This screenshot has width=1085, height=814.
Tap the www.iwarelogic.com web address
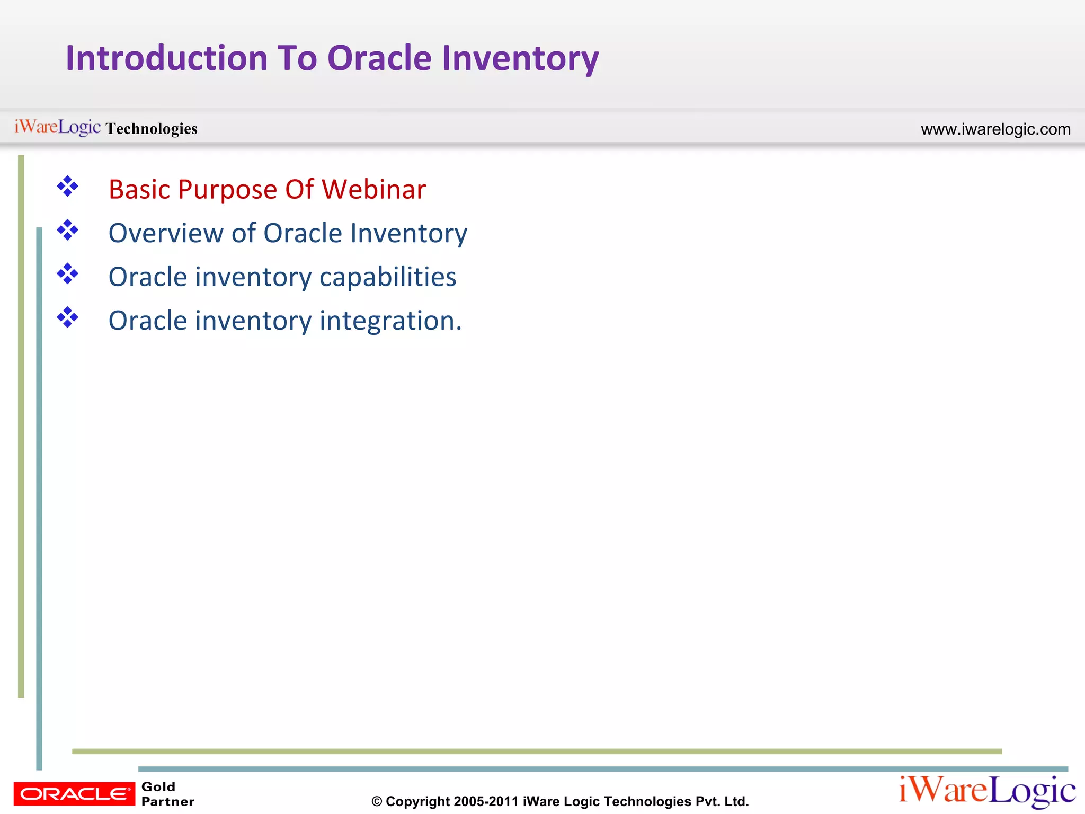pyautogui.click(x=995, y=129)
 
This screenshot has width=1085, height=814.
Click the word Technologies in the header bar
pyautogui.click(x=152, y=129)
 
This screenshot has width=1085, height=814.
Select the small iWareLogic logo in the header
pyautogui.click(x=57, y=127)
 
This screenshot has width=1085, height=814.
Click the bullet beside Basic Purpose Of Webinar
pyautogui.click(x=68, y=187)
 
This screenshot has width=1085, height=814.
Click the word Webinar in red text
pyautogui.click(x=373, y=189)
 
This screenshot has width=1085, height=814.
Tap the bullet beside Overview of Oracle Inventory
pyautogui.click(x=68, y=231)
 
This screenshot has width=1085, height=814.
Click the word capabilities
pyautogui.click(x=388, y=277)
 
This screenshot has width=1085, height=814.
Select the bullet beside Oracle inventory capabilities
pyautogui.click(x=68, y=274)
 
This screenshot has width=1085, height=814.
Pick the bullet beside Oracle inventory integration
pyautogui.click(x=68, y=318)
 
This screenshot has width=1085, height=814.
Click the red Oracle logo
pyautogui.click(x=74, y=793)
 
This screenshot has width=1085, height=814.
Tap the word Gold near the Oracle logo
pyautogui.click(x=158, y=786)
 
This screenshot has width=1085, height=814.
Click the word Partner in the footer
pyautogui.click(x=167, y=801)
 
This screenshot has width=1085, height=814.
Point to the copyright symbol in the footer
pyautogui.click(x=377, y=802)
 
